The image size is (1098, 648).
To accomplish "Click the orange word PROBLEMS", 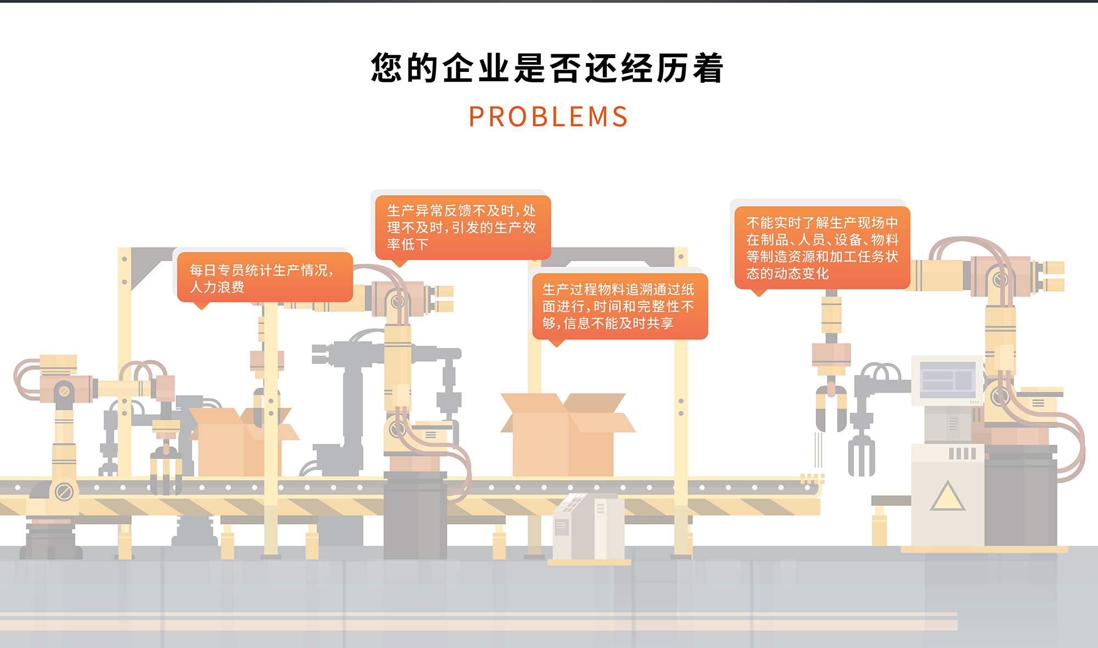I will [548, 117].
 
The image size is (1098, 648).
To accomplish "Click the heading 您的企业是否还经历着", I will [547, 69].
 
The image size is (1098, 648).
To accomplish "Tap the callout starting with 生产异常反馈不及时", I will [462, 227].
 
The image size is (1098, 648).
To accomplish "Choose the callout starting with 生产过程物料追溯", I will [619, 306].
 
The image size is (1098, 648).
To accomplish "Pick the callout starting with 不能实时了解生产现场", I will [822, 248].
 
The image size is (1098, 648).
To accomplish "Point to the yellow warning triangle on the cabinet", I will [947, 497].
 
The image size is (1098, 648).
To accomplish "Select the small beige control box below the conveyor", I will [588, 526].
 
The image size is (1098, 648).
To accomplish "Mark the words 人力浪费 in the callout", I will [217, 287].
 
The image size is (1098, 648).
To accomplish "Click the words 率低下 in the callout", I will [407, 244].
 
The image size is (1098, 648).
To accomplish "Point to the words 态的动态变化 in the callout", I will [787, 273].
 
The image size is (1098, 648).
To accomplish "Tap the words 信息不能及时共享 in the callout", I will [618, 323].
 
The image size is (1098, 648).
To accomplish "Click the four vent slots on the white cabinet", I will [962, 453].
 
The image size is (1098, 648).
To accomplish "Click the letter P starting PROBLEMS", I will [476, 117].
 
